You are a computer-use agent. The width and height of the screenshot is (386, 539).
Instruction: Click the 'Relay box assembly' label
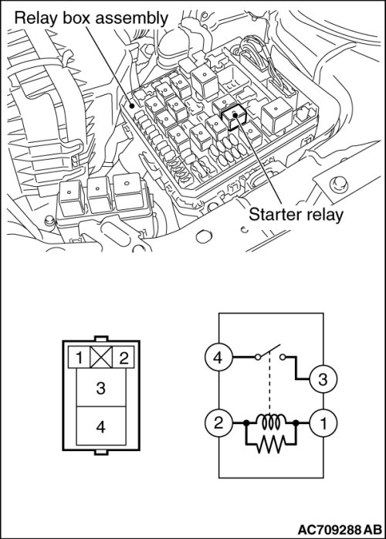[x=91, y=18]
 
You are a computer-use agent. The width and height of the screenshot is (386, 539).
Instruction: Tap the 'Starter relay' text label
[x=296, y=215]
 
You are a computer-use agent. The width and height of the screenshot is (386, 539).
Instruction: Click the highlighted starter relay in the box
[x=234, y=117]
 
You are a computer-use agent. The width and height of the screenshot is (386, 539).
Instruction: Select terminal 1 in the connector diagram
[x=79, y=358]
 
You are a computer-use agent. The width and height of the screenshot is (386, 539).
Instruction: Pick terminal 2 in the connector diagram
[x=123, y=358]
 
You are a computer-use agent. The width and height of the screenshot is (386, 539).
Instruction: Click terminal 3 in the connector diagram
[x=100, y=388]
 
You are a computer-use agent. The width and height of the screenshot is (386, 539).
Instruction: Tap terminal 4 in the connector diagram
[x=100, y=426]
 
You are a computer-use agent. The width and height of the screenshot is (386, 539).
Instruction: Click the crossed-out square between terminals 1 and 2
[x=101, y=358]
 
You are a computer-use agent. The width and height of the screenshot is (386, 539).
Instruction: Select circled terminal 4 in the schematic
[x=218, y=358]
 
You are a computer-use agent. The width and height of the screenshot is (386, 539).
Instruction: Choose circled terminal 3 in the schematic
[x=323, y=379]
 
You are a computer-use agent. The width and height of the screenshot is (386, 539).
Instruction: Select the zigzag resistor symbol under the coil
[x=271, y=445]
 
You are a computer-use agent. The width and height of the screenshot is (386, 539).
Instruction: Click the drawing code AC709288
[x=330, y=529]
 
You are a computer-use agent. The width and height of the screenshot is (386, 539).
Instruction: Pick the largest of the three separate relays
[x=127, y=191]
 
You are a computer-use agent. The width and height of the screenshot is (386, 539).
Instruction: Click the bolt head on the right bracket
[x=338, y=185]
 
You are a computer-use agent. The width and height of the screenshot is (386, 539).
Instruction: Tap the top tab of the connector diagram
[x=101, y=338]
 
